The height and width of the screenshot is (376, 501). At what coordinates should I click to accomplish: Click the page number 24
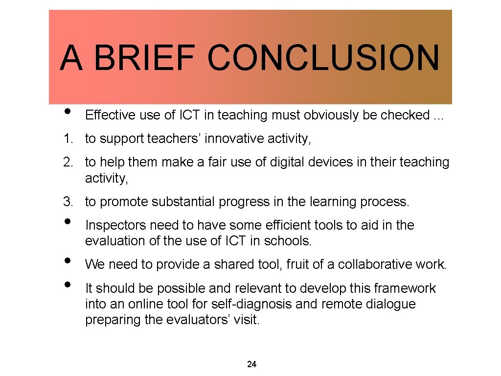[252, 364]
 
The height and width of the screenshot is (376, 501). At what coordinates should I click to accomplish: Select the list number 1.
[68, 139]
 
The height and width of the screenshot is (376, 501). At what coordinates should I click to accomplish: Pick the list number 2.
[68, 163]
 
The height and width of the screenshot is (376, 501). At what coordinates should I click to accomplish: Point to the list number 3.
[68, 201]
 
